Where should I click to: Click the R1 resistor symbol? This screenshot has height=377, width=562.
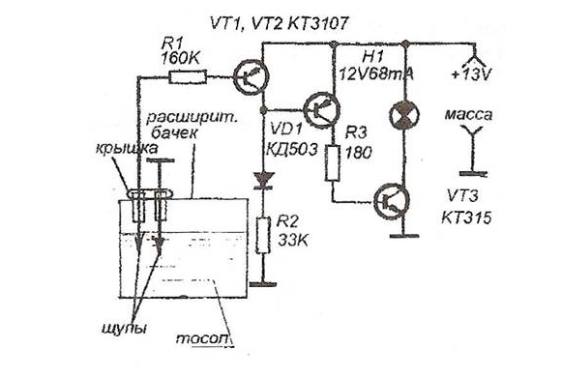(188, 77)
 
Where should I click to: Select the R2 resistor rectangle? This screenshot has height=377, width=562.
(263, 235)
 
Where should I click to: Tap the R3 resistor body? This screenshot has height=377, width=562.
(332, 162)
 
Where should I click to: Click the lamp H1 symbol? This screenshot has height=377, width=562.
(404, 115)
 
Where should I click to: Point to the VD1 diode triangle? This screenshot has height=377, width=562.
(263, 180)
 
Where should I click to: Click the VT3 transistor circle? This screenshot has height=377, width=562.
(392, 201)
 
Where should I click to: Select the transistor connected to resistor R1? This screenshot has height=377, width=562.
(251, 76)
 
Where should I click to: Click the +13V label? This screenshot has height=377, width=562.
(471, 74)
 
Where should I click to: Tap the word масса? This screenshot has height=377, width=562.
(468, 115)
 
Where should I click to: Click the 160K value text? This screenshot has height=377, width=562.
(181, 59)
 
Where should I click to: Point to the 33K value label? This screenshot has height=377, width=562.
(293, 240)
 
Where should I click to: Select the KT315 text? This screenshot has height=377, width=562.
(466, 217)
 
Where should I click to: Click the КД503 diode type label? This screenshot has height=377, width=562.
(292, 149)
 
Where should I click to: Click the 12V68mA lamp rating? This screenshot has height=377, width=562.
(376, 74)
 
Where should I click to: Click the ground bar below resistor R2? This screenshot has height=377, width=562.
(263, 284)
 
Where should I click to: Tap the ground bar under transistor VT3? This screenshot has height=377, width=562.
(404, 236)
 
